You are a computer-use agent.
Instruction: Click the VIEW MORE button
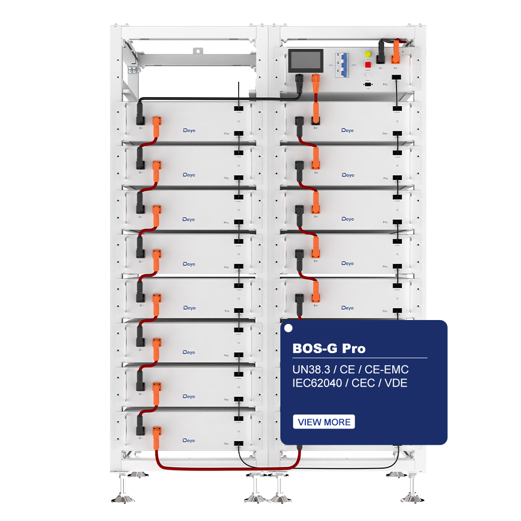(324, 422)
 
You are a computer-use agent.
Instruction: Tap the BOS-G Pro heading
(329, 349)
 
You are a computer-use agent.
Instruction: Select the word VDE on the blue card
(397, 383)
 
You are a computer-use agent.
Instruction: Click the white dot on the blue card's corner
(288, 328)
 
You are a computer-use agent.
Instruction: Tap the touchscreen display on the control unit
(305, 62)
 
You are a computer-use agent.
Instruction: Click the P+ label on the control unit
(395, 68)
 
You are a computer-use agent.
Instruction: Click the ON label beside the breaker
(331, 65)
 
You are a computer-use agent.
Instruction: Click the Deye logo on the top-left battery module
(189, 131)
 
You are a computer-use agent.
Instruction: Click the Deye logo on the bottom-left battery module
(189, 440)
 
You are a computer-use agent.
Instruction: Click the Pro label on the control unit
(385, 84)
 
